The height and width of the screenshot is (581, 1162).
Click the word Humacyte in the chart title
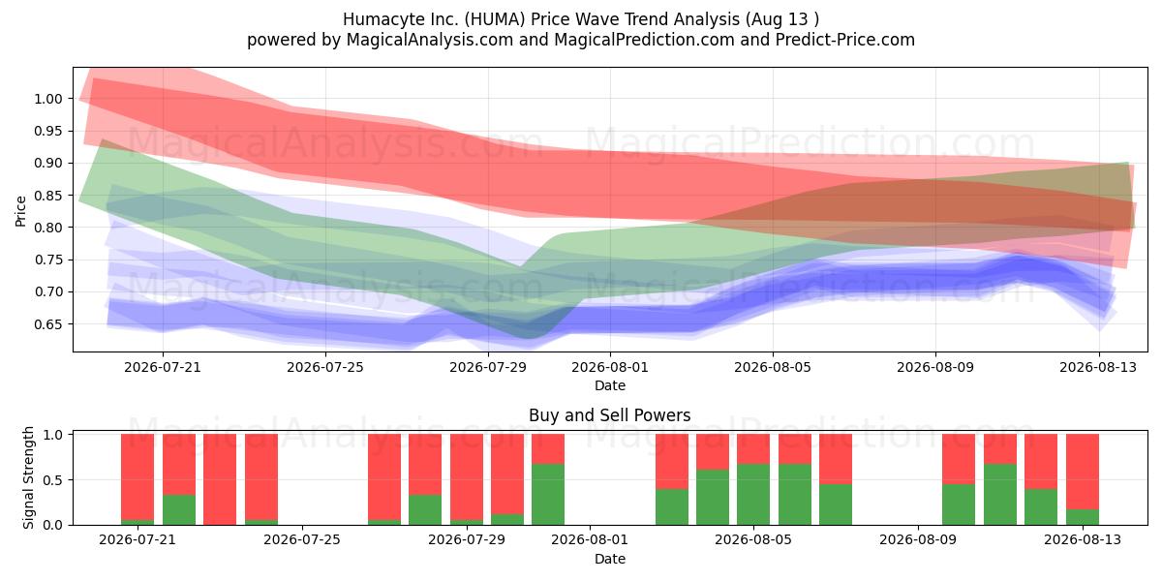[x=377, y=19]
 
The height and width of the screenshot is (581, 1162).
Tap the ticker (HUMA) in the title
[x=495, y=19]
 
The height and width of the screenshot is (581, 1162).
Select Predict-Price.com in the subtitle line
[x=845, y=40]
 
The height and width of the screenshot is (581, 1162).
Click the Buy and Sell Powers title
[x=609, y=415]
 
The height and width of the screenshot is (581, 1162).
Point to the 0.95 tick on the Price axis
[x=48, y=132]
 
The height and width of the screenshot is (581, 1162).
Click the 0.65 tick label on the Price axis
[x=48, y=324]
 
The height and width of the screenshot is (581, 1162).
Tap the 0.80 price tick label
[x=48, y=228]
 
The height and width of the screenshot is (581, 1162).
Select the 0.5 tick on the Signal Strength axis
[x=52, y=480]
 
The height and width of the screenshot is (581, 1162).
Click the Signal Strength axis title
[x=28, y=477]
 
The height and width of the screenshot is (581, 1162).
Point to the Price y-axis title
[x=20, y=211]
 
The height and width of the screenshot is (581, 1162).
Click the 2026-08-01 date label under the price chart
[x=610, y=367]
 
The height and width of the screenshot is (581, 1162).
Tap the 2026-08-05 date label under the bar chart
[x=753, y=540]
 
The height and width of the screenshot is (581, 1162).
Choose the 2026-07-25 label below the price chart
[x=325, y=367]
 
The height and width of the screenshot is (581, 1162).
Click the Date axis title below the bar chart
[x=609, y=559]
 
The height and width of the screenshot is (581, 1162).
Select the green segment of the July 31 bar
[x=548, y=495]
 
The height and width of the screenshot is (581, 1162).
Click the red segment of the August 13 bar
[x=1083, y=472]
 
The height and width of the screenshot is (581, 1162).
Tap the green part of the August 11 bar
[x=1000, y=495]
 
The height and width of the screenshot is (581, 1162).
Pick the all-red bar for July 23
[x=220, y=479]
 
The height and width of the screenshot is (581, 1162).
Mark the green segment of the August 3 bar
[x=672, y=506]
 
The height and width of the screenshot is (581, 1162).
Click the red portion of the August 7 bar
[x=836, y=459]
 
